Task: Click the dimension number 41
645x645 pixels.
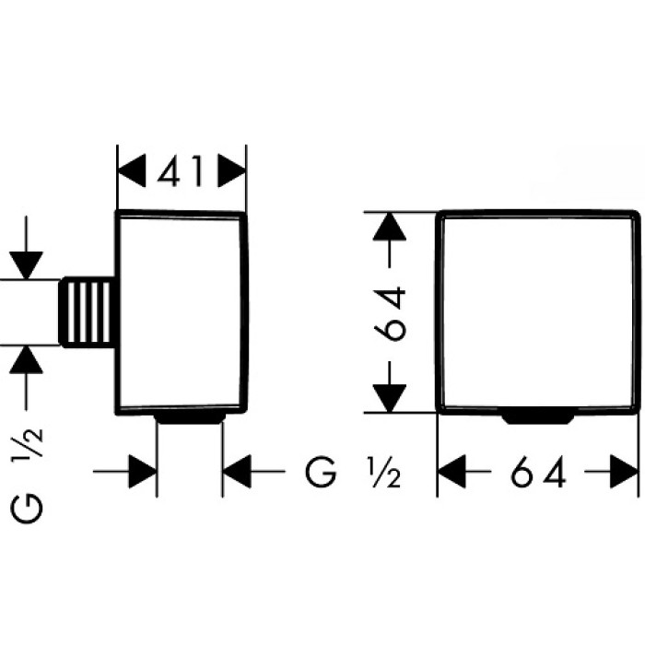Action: point(182,170)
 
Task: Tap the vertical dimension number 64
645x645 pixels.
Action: point(392,313)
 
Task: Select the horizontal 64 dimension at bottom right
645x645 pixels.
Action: point(538,474)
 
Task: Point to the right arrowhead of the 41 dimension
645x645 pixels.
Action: point(232,170)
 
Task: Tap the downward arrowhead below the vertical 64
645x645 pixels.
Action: point(392,398)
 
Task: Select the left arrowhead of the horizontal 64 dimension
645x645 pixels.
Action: point(451,474)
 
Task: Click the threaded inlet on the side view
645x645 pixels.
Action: point(90,311)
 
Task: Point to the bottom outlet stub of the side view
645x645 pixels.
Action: point(190,419)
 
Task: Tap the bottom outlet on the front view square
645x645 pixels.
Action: point(538,418)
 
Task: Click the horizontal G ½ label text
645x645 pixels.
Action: point(354,474)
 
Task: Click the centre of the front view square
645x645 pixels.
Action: point(538,311)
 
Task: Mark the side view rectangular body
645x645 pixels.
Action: point(182,313)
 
